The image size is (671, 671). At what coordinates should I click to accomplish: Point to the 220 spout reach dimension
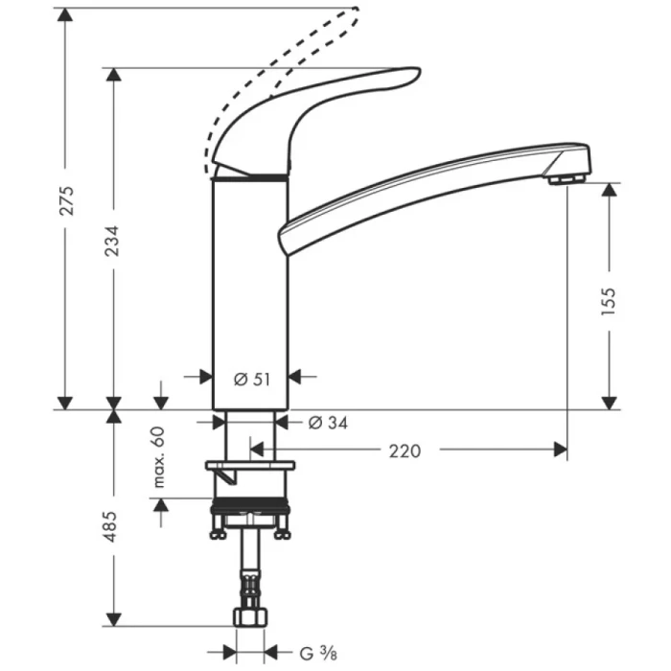point(405,450)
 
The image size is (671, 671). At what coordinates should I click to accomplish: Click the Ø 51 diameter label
point(252,379)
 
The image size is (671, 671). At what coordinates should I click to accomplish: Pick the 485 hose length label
point(112,528)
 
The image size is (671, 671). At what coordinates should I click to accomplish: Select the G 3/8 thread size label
point(315,655)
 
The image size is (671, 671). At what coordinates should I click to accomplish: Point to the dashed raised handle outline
point(288,67)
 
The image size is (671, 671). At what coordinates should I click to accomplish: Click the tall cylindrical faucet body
point(249,288)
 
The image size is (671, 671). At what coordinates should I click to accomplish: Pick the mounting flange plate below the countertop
point(250,466)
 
